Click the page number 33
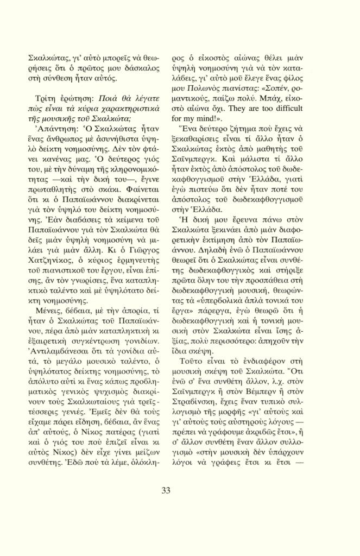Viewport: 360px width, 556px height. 166,491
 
